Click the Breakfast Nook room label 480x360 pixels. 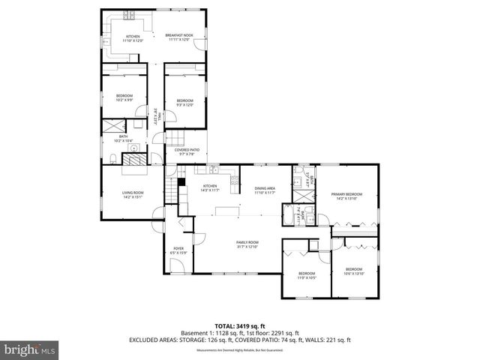point(178,37)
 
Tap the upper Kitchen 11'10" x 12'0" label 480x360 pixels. point(133,37)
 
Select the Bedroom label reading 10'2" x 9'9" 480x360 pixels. point(124,97)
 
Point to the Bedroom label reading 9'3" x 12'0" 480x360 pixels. point(184,102)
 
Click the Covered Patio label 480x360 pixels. point(186,151)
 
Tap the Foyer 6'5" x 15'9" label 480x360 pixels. point(178,250)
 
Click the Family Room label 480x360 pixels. point(247,244)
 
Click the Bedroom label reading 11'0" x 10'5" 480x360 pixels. point(306,274)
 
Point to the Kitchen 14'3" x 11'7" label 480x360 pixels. point(210,187)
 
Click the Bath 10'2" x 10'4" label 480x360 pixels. point(123,138)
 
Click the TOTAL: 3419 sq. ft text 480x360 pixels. point(239,325)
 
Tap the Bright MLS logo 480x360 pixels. point(30,349)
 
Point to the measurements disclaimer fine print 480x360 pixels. point(239,350)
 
